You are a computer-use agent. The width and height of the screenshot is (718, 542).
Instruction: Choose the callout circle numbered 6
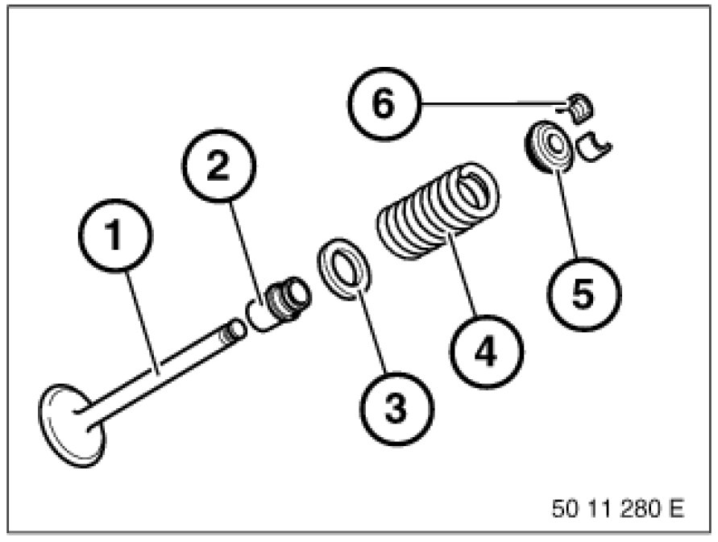pyautogui.click(x=384, y=104)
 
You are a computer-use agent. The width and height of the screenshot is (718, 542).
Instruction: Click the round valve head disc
pyautogui.click(x=71, y=427)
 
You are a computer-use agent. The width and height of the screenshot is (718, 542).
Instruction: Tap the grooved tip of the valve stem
pyautogui.click(x=234, y=328)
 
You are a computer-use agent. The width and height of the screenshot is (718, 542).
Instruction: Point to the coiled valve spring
pyautogui.click(x=438, y=211)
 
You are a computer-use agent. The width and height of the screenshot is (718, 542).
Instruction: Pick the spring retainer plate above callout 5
pyautogui.click(x=551, y=147)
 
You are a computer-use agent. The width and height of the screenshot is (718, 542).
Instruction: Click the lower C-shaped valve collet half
pyautogui.click(x=597, y=144)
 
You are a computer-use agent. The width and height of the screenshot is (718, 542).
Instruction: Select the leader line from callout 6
pyautogui.click(x=492, y=103)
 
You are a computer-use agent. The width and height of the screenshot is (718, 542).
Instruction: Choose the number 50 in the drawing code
pyautogui.click(x=565, y=509)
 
